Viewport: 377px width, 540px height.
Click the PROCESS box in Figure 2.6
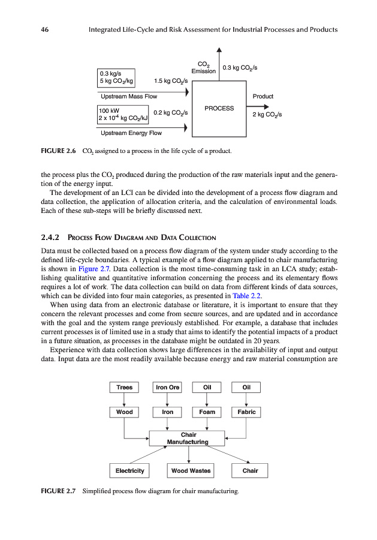[x=219, y=108]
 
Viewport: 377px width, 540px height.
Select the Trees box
[x=124, y=388]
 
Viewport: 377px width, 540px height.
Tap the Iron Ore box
[x=167, y=388]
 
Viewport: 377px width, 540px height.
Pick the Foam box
[x=207, y=412]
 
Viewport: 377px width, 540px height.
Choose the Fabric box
[x=246, y=412]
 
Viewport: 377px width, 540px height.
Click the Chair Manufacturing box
[x=187, y=438]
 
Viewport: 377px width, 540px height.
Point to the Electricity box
[x=129, y=471]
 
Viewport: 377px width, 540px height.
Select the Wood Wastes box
[x=191, y=471]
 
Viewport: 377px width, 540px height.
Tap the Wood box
[x=124, y=412]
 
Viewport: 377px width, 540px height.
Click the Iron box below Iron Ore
[x=167, y=412]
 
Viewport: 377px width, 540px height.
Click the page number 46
[x=44, y=29]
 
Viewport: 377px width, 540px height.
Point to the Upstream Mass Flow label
[x=129, y=96]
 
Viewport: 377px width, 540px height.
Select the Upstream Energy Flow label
[x=131, y=133]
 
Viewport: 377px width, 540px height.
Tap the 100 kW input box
[x=123, y=115]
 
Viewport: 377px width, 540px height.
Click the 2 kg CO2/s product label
[x=267, y=114]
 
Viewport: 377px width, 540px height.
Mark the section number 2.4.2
[x=51, y=238]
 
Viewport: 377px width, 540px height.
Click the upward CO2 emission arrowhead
[x=219, y=50]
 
